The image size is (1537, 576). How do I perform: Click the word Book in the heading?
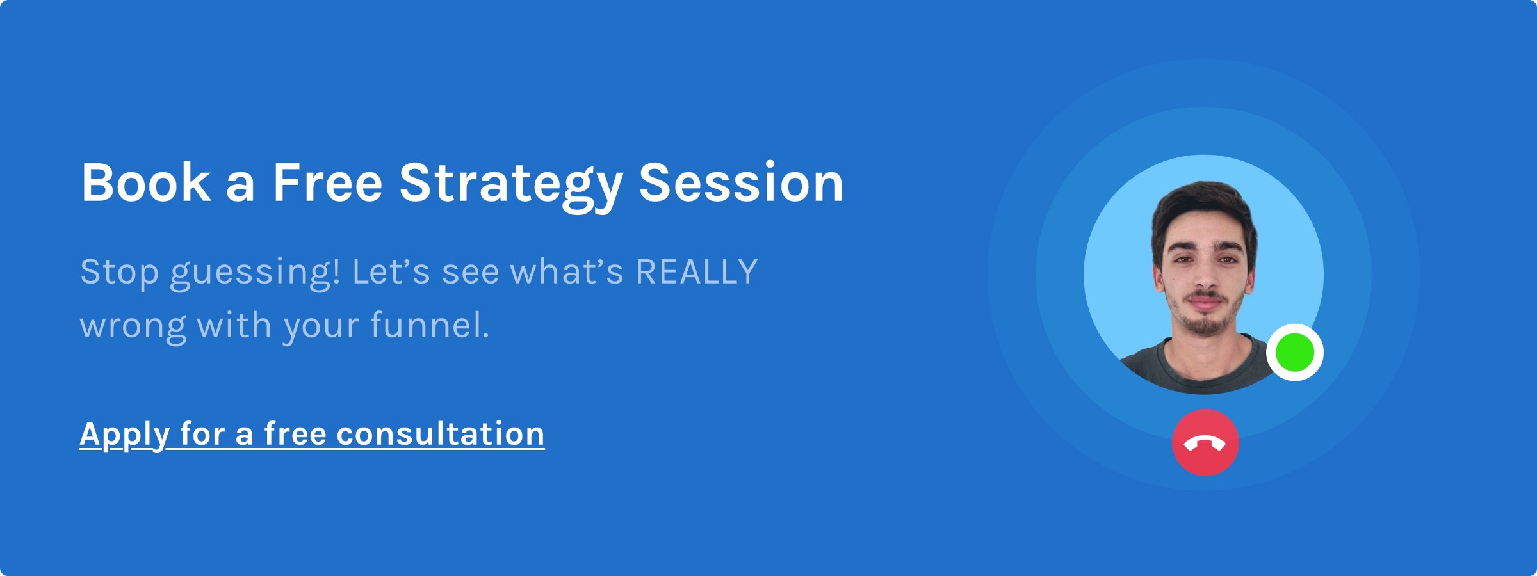[x=146, y=183]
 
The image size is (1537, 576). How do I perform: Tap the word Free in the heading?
[x=328, y=183]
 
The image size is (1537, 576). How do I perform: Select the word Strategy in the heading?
[x=511, y=186]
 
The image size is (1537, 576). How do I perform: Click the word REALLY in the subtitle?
[x=697, y=271]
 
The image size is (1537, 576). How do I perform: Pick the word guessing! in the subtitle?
[x=255, y=274]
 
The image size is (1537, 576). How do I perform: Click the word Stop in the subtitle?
[x=119, y=274]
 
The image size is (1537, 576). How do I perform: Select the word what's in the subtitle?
[x=567, y=271]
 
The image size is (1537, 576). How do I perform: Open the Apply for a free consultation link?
[x=312, y=435]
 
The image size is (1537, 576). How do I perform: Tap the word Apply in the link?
[x=124, y=436]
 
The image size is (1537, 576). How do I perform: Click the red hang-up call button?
[x=1205, y=442]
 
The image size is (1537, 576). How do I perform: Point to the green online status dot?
[x=1295, y=353]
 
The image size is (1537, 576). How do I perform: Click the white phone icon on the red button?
[x=1205, y=444]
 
